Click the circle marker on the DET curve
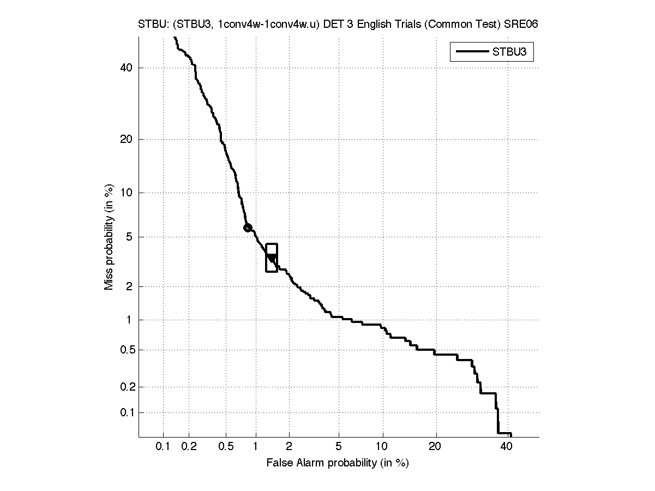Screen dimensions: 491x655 point(248,228)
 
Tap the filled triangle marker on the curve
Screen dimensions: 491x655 point(271,258)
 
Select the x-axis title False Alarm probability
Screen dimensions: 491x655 point(337,463)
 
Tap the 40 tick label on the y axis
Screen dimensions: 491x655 point(127,68)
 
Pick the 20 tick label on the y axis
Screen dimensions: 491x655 point(127,139)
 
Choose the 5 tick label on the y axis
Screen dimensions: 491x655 point(129,237)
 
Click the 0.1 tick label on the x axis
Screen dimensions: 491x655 point(163,447)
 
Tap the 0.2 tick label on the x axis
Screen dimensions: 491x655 point(189,447)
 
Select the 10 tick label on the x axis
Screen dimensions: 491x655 point(383,447)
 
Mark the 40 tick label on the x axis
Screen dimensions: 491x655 point(506,447)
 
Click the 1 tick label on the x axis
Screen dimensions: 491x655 point(255,447)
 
